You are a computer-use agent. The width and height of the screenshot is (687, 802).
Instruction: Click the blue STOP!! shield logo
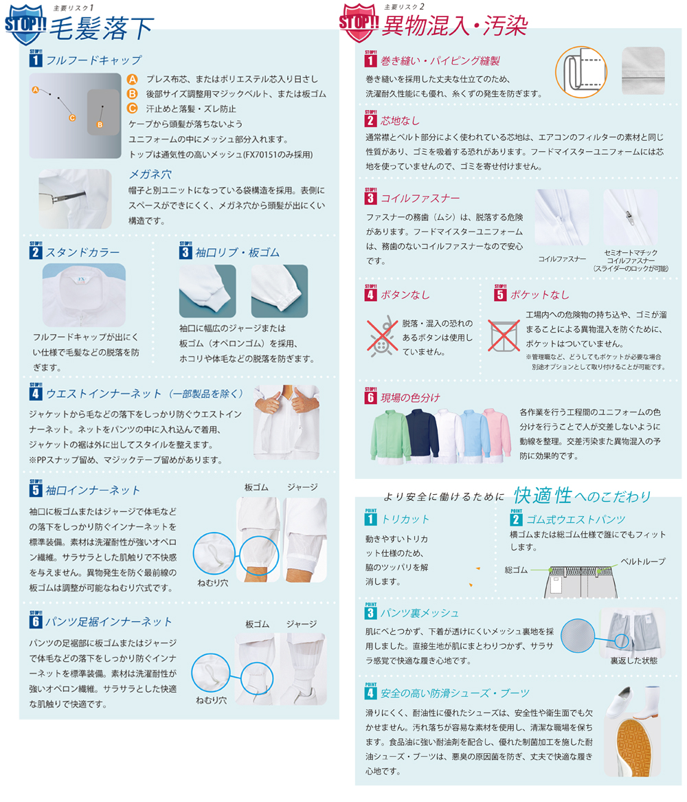25,24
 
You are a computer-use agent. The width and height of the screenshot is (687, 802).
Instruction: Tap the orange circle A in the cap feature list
133,79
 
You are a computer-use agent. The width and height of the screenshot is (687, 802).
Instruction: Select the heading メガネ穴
150,175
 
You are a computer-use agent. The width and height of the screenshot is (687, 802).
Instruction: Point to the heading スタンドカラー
83,253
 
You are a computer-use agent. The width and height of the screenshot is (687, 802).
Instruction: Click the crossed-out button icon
382,336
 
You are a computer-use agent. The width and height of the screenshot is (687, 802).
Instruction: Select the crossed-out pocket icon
504,335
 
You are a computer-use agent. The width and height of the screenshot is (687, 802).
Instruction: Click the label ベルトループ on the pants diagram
642,561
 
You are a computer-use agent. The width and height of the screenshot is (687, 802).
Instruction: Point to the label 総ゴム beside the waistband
516,570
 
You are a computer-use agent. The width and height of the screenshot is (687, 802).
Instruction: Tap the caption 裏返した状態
634,661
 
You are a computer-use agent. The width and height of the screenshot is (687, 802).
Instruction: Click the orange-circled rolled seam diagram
581,72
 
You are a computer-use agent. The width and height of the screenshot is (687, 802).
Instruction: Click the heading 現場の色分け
410,398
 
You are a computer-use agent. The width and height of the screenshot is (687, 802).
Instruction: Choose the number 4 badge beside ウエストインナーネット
35,393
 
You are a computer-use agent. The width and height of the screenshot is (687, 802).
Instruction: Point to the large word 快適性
542,495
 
